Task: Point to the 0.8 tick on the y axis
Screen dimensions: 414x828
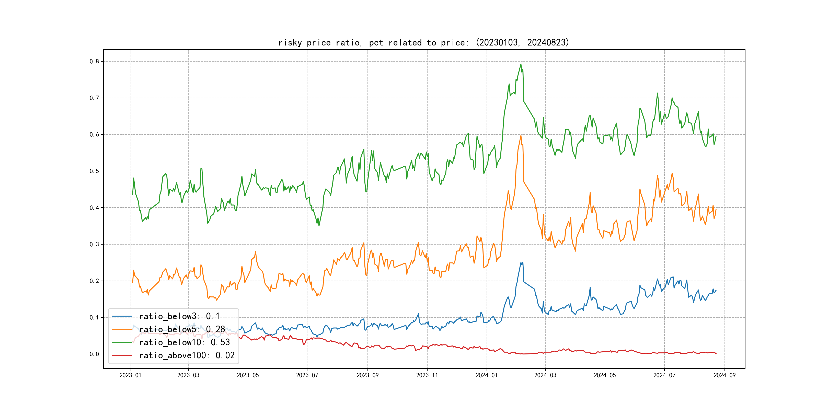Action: (x=94, y=61)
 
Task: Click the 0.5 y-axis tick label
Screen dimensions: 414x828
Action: (x=94, y=171)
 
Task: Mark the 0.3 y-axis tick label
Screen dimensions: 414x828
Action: (x=94, y=244)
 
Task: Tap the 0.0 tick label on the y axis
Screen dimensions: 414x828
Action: (x=94, y=354)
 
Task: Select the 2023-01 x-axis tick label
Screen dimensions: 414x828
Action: (x=131, y=375)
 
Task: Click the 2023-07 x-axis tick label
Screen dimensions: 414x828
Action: (x=307, y=375)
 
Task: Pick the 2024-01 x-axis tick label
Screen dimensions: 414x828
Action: (x=487, y=375)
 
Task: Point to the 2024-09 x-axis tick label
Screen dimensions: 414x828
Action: (x=724, y=375)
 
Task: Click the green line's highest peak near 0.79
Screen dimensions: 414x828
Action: (x=521, y=64)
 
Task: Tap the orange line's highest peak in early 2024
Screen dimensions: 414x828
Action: (x=521, y=136)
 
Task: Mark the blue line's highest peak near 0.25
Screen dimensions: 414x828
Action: (x=521, y=263)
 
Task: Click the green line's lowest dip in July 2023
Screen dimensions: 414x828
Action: (x=319, y=226)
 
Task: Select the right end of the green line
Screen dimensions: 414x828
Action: (x=716, y=136)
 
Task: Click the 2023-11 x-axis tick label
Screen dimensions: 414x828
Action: (x=427, y=375)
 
